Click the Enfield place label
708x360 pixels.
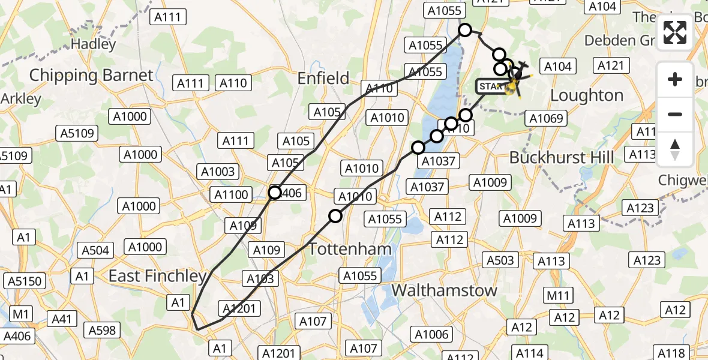[x=323, y=78]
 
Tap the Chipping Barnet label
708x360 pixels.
[x=91, y=76]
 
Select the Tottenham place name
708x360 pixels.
[x=350, y=249]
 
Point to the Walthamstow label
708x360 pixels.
[x=444, y=290]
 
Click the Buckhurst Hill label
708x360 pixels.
[x=561, y=157]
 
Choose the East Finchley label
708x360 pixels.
[x=157, y=276]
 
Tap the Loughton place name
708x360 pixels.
[x=587, y=95]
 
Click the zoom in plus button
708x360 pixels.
[x=675, y=79]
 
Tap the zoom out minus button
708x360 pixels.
[x=675, y=114]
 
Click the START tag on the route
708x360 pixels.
[x=493, y=86]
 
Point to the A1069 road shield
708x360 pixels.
[x=546, y=119]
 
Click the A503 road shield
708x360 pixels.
[x=500, y=260]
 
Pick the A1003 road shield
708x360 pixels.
[x=218, y=172]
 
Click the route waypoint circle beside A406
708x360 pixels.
[x=275, y=193]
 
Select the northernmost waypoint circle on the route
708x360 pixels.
[x=465, y=30]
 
